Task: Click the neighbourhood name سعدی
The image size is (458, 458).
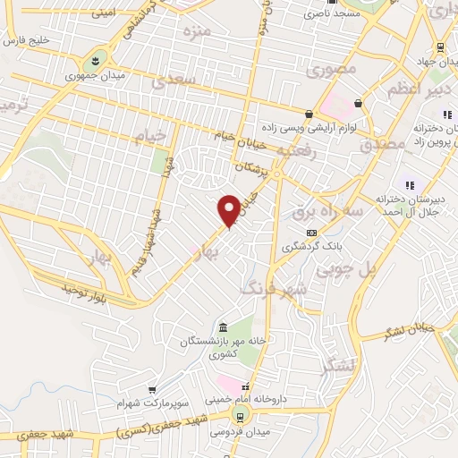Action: coord(173,82)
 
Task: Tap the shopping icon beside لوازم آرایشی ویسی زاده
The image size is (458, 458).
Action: coord(309,114)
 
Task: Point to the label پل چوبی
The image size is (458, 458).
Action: coord(381,268)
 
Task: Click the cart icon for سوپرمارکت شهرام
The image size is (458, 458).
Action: coord(152,390)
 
